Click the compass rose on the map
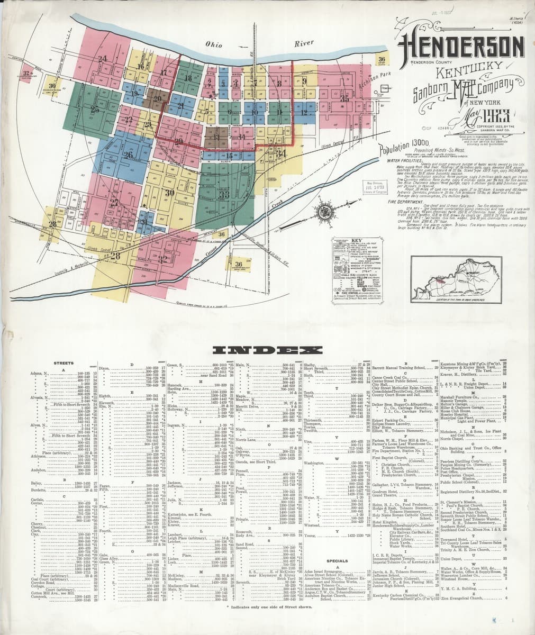321,212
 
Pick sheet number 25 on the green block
95,110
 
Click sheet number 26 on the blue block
128,155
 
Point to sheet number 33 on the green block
223,194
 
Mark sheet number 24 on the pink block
102,58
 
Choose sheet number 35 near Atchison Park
344,98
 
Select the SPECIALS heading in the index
337,560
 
